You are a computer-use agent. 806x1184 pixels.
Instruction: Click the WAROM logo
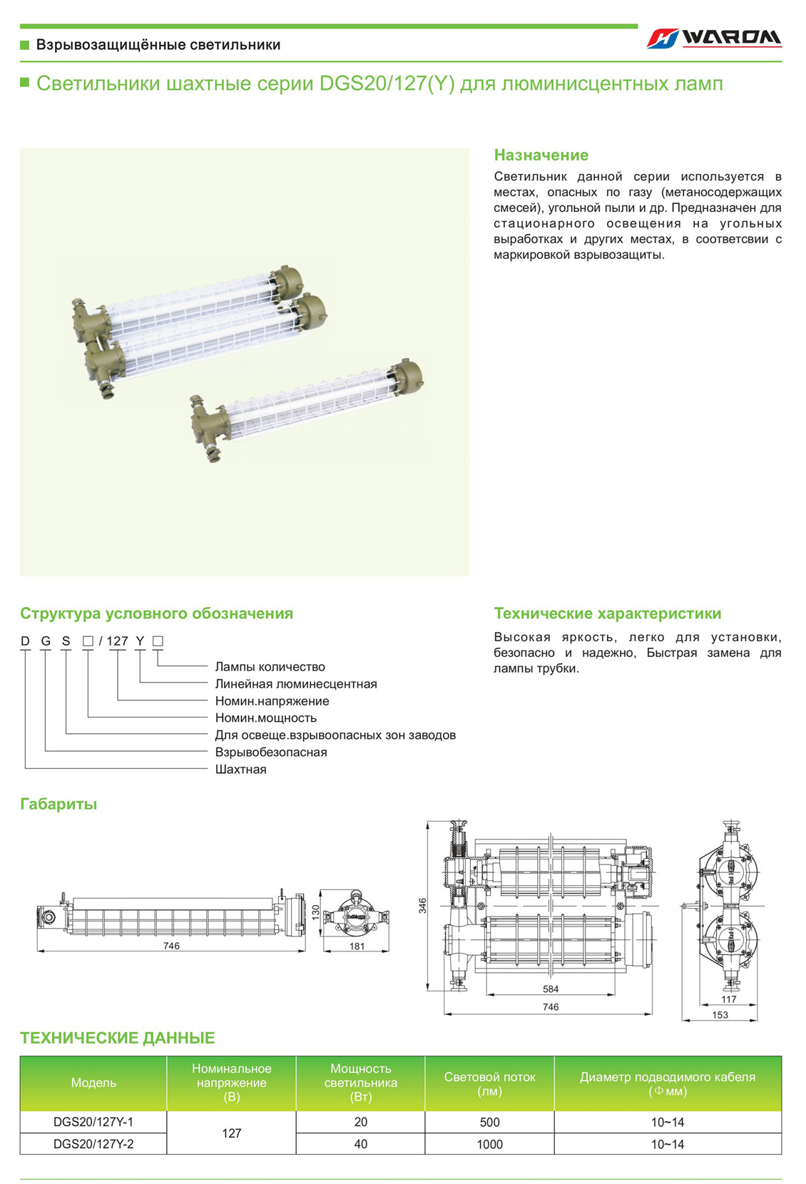click(x=714, y=38)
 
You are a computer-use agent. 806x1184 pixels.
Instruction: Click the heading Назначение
click(x=541, y=155)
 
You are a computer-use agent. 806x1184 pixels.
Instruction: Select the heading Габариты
click(x=58, y=804)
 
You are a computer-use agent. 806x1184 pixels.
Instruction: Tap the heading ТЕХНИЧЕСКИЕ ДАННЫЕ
click(x=117, y=1038)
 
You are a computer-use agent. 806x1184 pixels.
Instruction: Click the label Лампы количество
click(x=270, y=667)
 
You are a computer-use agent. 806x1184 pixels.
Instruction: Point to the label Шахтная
click(x=240, y=770)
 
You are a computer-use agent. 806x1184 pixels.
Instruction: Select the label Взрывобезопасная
click(x=270, y=752)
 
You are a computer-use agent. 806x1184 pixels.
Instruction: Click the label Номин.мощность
click(x=265, y=718)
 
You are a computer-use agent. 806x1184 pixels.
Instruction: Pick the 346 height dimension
click(x=422, y=906)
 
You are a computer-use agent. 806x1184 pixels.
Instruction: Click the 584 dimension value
click(x=550, y=989)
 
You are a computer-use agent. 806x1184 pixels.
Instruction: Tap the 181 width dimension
click(x=357, y=946)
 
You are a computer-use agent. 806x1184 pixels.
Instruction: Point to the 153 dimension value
click(x=720, y=1015)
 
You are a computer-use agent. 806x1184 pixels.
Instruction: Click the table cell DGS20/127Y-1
click(x=93, y=1122)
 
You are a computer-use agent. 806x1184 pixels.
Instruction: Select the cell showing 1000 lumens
click(x=489, y=1144)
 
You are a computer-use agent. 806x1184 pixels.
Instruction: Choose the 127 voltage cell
click(x=231, y=1133)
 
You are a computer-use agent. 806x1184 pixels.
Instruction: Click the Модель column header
click(x=93, y=1083)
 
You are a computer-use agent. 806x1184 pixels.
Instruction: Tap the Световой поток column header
click(x=489, y=1083)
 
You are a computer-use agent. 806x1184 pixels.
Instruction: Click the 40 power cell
click(x=360, y=1144)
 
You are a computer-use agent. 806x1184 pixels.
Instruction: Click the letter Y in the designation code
click(x=140, y=641)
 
